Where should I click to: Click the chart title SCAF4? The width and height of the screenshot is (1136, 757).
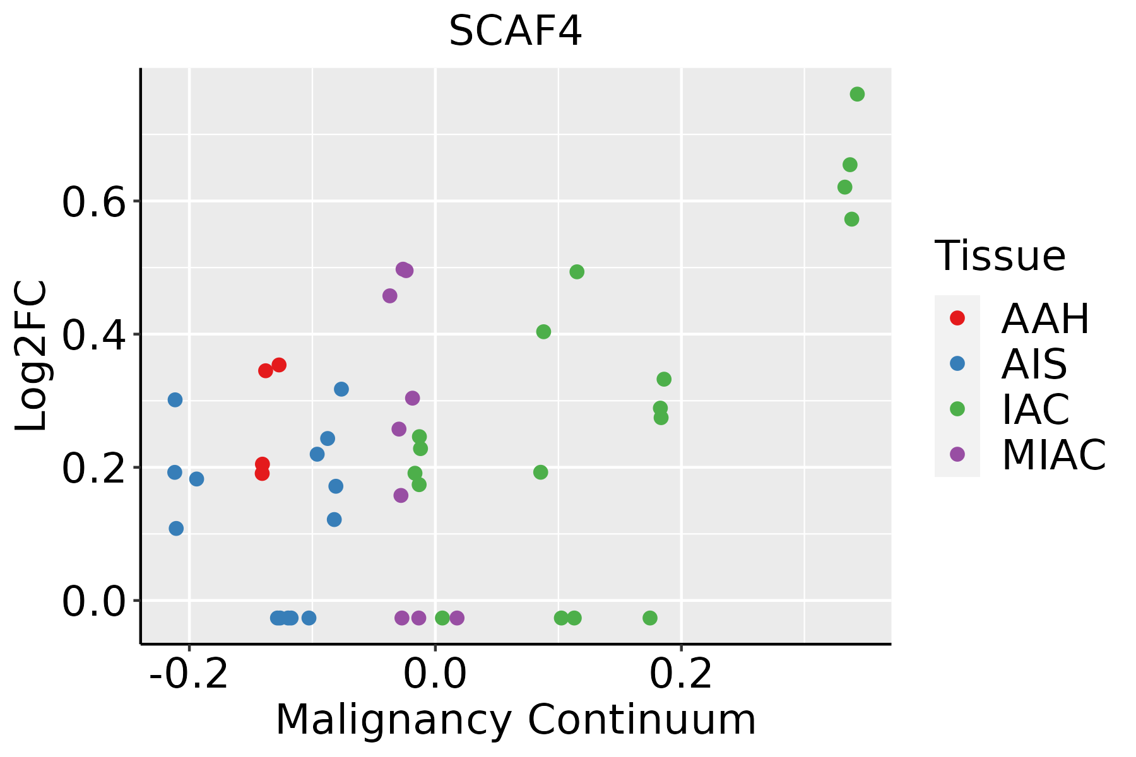pyautogui.click(x=515, y=32)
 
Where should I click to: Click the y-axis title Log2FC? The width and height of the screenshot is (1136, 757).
pyautogui.click(x=32, y=356)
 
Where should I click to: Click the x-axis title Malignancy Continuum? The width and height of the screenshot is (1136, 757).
pyautogui.click(x=515, y=720)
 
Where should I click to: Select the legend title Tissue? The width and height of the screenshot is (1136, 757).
pyautogui.click(x=1000, y=256)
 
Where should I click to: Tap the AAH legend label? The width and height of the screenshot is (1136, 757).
pyautogui.click(x=1045, y=319)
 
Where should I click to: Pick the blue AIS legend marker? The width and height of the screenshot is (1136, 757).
pyautogui.click(x=957, y=363)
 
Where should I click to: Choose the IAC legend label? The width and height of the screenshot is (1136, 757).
pyautogui.click(x=1036, y=409)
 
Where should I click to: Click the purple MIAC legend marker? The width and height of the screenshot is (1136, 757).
pyautogui.click(x=957, y=454)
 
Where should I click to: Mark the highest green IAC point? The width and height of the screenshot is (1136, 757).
pyautogui.click(x=857, y=94)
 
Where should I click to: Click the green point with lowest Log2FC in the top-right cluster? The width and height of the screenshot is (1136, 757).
pyautogui.click(x=851, y=219)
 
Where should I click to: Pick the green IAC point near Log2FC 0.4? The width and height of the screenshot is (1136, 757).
pyautogui.click(x=543, y=332)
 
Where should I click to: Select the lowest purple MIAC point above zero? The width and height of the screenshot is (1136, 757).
pyautogui.click(x=401, y=495)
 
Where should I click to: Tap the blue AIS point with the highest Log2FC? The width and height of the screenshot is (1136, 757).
pyautogui.click(x=341, y=389)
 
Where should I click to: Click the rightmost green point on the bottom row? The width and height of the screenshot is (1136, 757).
pyautogui.click(x=650, y=618)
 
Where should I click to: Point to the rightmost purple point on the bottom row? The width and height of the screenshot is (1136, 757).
pyautogui.click(x=457, y=618)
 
